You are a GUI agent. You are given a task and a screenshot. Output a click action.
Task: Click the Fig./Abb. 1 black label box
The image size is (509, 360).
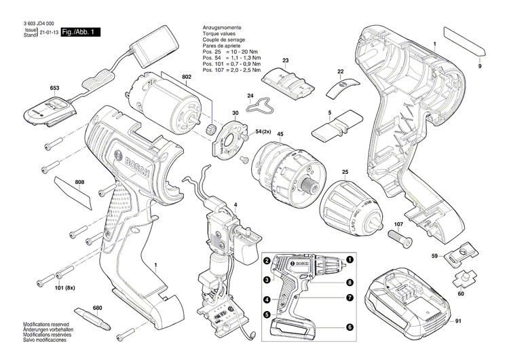click(x=81, y=33)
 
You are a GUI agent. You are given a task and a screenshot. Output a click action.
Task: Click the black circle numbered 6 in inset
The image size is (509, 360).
click(x=350, y=327)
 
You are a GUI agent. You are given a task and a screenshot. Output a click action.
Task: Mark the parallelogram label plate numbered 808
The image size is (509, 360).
click(x=73, y=192)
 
